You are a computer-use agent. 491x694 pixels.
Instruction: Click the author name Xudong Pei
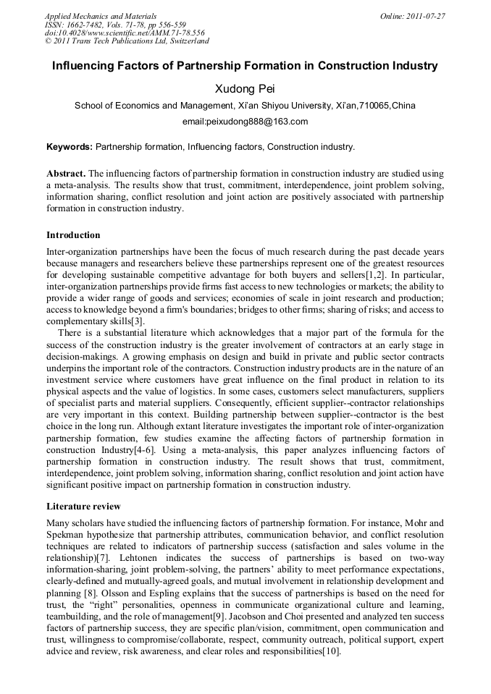[x=245, y=89]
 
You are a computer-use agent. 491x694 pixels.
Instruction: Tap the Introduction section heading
[x=73, y=235]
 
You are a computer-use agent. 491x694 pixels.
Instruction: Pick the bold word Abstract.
[x=67, y=174]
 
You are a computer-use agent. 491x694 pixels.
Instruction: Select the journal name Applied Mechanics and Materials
[x=101, y=16]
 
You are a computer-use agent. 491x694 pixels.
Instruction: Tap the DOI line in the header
[x=125, y=33]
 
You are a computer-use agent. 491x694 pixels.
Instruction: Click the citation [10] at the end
[x=332, y=651]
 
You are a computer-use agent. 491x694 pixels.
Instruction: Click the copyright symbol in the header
[x=48, y=42]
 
